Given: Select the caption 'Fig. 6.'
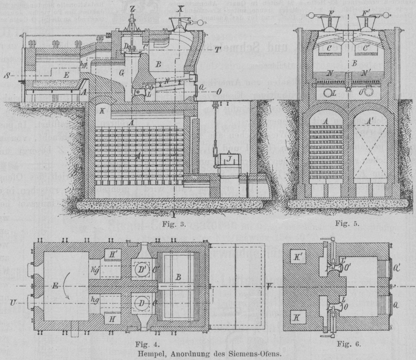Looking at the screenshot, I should coord(349,343).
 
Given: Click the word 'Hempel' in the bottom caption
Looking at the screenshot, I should coord(153,351).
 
